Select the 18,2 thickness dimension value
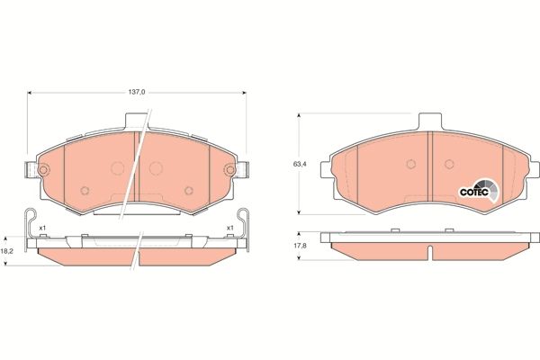tap(7, 250)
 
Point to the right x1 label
tap(229, 228)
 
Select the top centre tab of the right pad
tap(430, 122)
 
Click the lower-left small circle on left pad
tap(84, 190)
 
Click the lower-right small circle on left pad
tap(189, 190)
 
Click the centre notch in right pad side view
tap(430, 246)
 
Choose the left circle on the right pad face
tap(409, 164)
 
